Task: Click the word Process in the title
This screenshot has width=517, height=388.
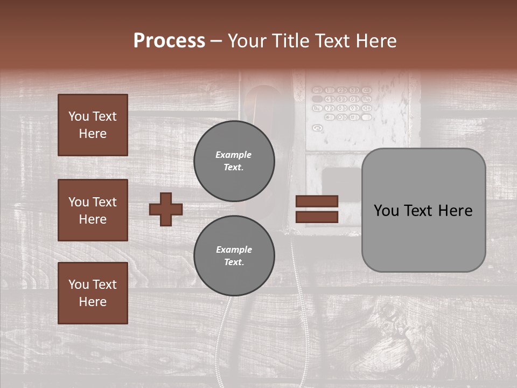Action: tap(169, 41)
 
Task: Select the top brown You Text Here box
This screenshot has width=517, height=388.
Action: tap(93, 125)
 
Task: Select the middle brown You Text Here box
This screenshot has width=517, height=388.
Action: tap(93, 210)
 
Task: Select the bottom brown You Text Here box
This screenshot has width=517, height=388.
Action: tap(93, 293)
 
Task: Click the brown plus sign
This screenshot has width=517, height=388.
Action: tap(166, 209)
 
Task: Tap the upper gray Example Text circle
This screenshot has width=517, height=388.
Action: tap(234, 161)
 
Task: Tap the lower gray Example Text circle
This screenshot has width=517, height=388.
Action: tap(234, 256)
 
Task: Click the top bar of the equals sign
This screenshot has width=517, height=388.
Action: tap(317, 201)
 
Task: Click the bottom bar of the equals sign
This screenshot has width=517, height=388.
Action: tap(317, 217)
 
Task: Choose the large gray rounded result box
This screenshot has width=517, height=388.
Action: tap(423, 210)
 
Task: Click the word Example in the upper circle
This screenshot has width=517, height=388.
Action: tap(234, 155)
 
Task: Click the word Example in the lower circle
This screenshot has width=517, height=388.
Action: tap(234, 250)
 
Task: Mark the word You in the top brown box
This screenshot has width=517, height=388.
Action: tap(78, 116)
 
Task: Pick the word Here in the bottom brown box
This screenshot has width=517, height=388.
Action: tap(93, 302)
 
